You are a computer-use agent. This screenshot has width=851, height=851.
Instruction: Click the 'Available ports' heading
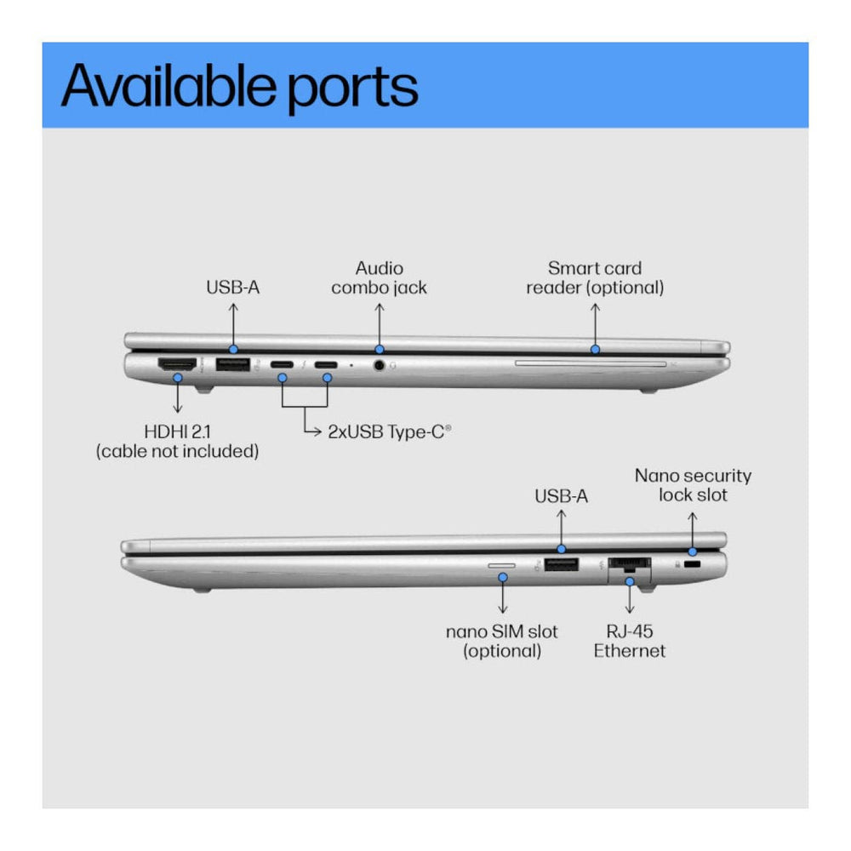(239, 85)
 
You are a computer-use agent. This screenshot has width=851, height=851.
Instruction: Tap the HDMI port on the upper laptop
(177, 365)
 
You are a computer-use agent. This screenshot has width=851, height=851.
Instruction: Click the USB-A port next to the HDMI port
(231, 365)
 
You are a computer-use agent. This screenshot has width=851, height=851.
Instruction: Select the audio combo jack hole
(379, 366)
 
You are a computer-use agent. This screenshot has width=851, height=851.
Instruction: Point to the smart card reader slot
(590, 363)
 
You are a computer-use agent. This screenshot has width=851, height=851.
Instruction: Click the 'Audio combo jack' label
(380, 278)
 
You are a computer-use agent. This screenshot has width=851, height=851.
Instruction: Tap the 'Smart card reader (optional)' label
(595, 278)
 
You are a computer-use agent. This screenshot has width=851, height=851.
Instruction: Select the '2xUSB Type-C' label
(389, 431)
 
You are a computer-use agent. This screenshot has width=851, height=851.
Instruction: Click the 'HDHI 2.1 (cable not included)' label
(177, 442)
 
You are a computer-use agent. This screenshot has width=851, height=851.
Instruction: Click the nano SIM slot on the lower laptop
(502, 563)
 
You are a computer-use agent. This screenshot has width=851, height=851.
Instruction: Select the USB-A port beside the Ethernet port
(561, 563)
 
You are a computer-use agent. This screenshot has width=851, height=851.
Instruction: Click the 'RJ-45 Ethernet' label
(630, 642)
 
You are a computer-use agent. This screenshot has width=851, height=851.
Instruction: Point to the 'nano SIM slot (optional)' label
(502, 642)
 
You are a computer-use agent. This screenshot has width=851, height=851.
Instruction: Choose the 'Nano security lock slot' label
(693, 485)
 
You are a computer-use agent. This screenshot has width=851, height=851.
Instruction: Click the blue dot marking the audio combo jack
(380, 349)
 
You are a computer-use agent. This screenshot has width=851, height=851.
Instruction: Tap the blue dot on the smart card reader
(595, 349)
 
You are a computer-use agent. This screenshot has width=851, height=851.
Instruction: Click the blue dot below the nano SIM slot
(503, 577)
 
